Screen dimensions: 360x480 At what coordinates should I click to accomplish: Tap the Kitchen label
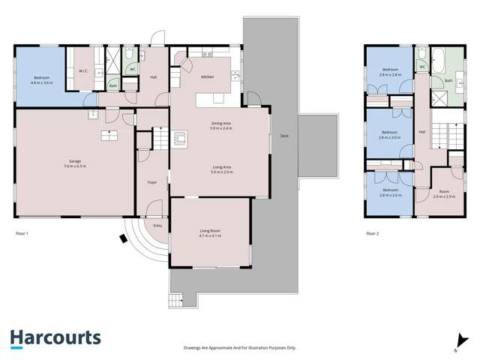(208, 77)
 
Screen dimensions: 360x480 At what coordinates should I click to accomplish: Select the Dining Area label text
(221, 127)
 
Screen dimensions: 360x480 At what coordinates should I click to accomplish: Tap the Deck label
(284, 136)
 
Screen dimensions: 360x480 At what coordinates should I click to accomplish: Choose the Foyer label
(150, 181)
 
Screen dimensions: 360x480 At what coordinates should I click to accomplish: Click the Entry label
(157, 226)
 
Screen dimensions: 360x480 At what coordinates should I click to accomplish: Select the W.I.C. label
(83, 72)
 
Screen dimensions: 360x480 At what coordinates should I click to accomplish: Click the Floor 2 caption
(373, 234)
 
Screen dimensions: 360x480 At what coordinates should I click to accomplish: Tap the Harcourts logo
(55, 339)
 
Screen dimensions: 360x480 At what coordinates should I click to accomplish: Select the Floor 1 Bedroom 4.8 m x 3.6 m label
(42, 79)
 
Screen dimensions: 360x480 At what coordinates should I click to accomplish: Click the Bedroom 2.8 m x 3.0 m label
(390, 135)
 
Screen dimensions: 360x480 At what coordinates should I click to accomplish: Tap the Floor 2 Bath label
(448, 80)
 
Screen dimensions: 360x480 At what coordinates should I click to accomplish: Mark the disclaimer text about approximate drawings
(240, 348)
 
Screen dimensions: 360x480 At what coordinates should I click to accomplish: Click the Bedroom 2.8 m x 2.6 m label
(390, 193)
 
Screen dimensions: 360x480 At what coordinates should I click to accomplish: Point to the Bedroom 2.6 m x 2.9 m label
(390, 73)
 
